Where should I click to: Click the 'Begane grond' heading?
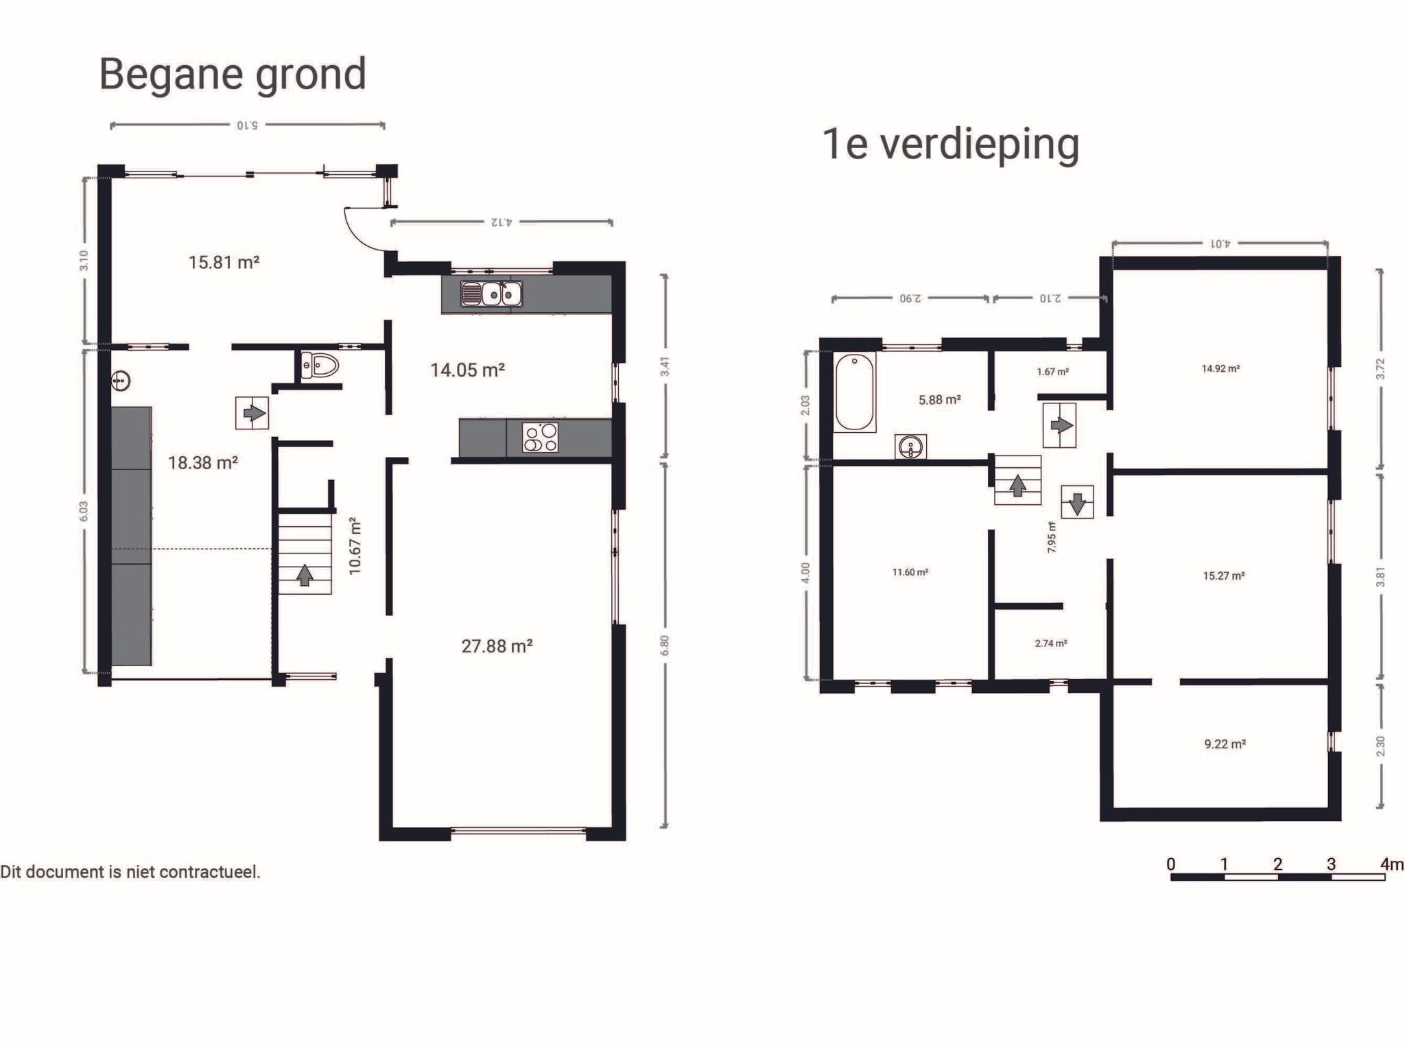233,74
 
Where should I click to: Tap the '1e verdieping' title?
950,144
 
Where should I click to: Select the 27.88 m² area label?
497,646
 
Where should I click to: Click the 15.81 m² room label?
224,262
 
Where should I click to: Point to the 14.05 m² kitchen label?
467,370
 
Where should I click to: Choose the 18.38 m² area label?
202,463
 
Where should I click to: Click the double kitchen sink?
492,294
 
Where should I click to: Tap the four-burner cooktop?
541,438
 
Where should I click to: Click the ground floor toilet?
320,366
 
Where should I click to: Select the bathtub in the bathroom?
855,392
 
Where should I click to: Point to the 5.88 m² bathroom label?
939,400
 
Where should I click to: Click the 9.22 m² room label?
1225,744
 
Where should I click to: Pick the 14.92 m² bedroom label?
1220,369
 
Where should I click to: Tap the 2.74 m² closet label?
1050,643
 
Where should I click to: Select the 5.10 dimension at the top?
247,126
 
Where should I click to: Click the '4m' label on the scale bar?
1392,864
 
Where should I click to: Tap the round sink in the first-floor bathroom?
911,447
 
